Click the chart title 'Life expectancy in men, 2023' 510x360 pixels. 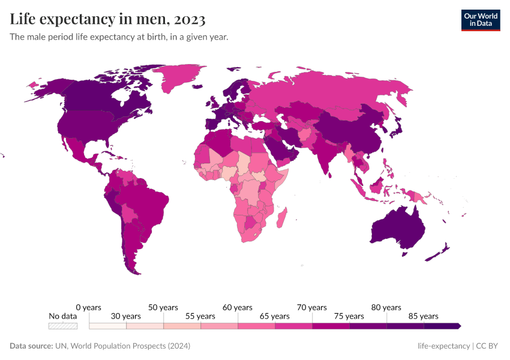[108, 19]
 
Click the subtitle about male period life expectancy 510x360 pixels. [119, 37]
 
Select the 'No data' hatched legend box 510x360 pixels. [63, 326]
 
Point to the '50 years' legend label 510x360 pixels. [163, 307]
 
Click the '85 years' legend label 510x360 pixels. [424, 316]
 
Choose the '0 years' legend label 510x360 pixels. [89, 307]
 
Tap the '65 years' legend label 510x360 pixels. [275, 316]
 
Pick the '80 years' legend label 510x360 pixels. [386, 307]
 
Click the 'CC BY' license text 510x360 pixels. [487, 346]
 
